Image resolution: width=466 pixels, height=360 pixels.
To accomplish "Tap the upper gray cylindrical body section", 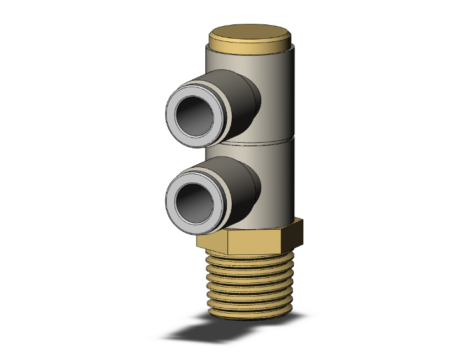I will (x=276, y=94).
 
